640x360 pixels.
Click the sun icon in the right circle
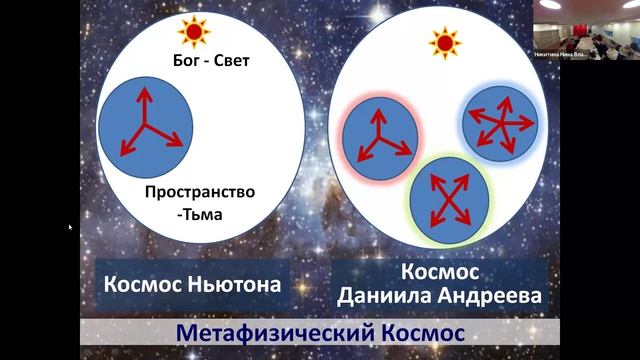(442, 42)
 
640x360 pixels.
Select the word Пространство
(200, 191)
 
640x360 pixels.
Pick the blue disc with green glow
(448, 196)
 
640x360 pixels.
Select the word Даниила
(386, 296)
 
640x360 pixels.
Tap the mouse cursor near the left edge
(70, 228)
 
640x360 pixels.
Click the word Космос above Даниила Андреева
(440, 271)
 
